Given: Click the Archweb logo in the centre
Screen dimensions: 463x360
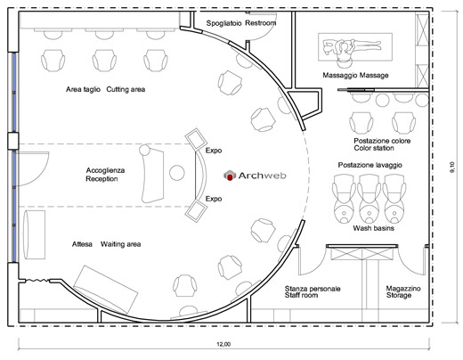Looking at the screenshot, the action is click(255, 176).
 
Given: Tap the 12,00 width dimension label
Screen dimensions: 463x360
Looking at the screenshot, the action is click(223, 344).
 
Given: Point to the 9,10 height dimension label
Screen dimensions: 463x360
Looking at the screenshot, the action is click(452, 167).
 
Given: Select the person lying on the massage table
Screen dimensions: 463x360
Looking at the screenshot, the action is click(352, 46).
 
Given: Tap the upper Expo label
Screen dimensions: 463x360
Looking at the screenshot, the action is click(214, 151).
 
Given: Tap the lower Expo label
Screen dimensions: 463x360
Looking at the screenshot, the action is click(214, 199).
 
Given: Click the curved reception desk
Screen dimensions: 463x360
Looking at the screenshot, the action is click(152, 176).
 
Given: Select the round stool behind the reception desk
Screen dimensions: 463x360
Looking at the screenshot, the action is click(177, 173).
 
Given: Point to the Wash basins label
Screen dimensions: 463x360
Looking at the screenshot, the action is click(374, 228).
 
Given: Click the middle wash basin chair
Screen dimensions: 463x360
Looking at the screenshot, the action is click(370, 199).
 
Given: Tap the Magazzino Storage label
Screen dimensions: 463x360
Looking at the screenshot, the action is click(403, 291).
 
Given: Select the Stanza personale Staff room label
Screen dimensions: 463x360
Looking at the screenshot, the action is click(313, 291).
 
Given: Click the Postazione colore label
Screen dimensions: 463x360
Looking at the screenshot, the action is click(382, 141).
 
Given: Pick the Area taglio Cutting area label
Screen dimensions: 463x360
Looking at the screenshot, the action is click(105, 89).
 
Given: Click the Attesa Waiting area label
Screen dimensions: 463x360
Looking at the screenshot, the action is click(106, 244).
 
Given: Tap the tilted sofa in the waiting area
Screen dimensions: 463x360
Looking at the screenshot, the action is click(106, 290).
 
